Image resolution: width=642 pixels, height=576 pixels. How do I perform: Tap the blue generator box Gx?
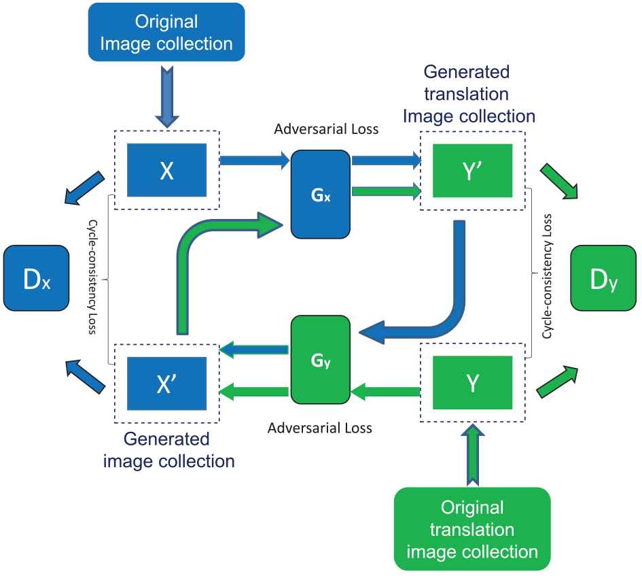coord(320,202)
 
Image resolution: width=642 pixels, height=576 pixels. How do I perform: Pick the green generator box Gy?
coord(320,360)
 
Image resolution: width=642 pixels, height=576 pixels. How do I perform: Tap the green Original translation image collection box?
coord(472,528)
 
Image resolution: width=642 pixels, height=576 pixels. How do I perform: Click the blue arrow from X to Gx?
coord(255,161)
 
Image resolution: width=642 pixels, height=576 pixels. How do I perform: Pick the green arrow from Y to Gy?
coord(386,390)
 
